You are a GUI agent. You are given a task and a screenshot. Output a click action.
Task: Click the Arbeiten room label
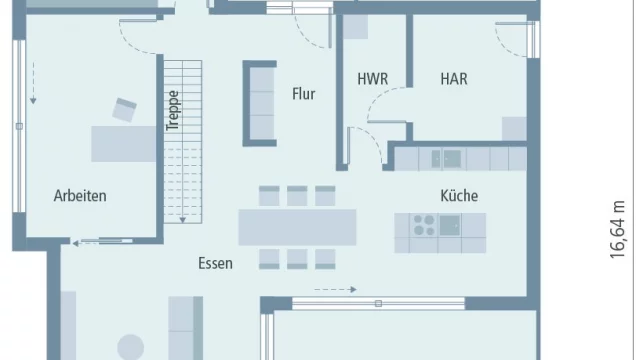tap(80, 196)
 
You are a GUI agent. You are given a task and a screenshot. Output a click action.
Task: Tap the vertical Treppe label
tap(172, 112)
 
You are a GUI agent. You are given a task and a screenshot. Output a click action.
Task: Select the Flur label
tap(303, 95)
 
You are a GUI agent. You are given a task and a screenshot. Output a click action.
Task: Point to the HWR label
tap(372, 79)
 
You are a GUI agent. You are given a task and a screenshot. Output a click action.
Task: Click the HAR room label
tap(453, 79)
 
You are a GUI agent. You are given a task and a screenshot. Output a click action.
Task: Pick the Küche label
tap(458, 196)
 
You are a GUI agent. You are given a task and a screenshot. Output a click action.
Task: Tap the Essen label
tap(215, 264)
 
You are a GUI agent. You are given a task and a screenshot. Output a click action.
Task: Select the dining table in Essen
tap(297, 227)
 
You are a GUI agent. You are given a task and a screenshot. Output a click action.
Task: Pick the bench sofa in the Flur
tap(260, 103)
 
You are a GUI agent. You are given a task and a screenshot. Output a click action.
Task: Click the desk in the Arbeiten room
tap(123, 143)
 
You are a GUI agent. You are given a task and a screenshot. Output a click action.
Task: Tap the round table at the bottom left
tap(131, 348)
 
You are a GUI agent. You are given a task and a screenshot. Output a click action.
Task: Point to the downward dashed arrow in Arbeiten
tap(33, 84)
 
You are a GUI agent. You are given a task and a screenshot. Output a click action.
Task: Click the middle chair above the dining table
tap(297, 195)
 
